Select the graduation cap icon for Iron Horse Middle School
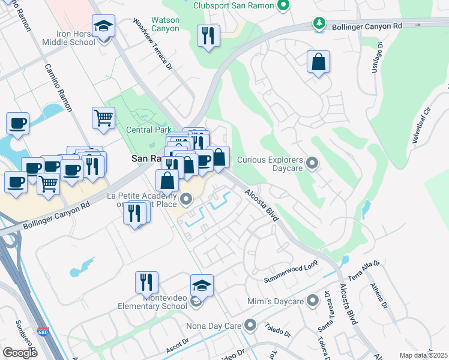tap(104, 28)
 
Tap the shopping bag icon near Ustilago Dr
tap(318, 62)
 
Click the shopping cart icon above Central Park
tap(103, 118)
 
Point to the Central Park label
tap(148, 130)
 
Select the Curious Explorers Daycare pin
tap(312, 163)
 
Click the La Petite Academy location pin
tap(186, 199)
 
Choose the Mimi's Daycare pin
tap(312, 300)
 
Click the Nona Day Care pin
tap(250, 326)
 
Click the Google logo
tap(20, 353)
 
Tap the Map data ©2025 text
tap(423, 355)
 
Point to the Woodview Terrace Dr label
tap(152, 44)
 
